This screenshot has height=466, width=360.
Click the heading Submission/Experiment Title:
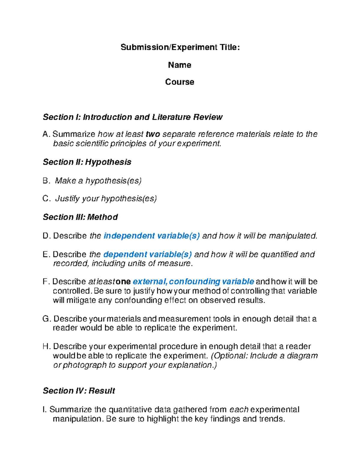(x=180, y=47)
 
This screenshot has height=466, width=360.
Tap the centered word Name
(x=179, y=65)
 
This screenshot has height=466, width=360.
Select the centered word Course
(x=179, y=82)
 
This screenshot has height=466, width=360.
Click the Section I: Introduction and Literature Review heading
(x=132, y=117)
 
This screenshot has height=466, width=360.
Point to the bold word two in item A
(x=153, y=134)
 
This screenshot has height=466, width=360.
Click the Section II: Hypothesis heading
(x=87, y=162)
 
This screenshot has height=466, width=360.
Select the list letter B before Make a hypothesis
(x=46, y=181)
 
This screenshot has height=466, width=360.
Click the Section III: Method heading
(x=80, y=217)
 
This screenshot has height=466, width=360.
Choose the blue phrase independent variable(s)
(x=151, y=236)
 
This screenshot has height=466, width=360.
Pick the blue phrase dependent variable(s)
(x=147, y=254)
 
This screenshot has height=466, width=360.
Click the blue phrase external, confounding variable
(x=193, y=281)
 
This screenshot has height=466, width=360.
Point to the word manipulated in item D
(x=292, y=236)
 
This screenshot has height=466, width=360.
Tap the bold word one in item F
(x=123, y=281)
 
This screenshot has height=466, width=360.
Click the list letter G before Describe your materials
(x=46, y=319)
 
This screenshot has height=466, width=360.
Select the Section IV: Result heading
(x=79, y=391)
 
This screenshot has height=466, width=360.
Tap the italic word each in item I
(x=239, y=410)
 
